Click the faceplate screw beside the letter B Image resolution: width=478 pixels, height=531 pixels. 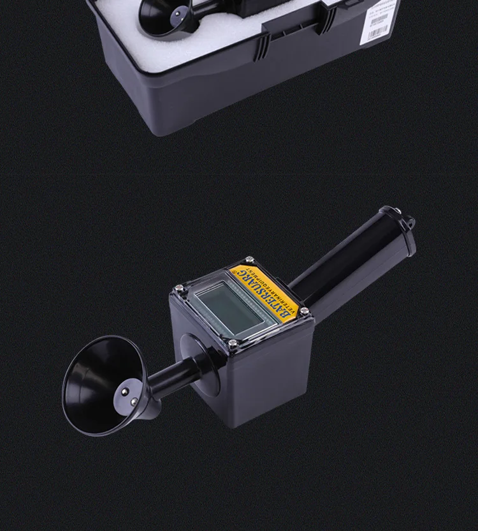(x=304, y=311)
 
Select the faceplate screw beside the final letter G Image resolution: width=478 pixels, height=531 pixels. (x=249, y=260)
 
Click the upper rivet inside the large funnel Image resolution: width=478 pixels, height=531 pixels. (x=125, y=387)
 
